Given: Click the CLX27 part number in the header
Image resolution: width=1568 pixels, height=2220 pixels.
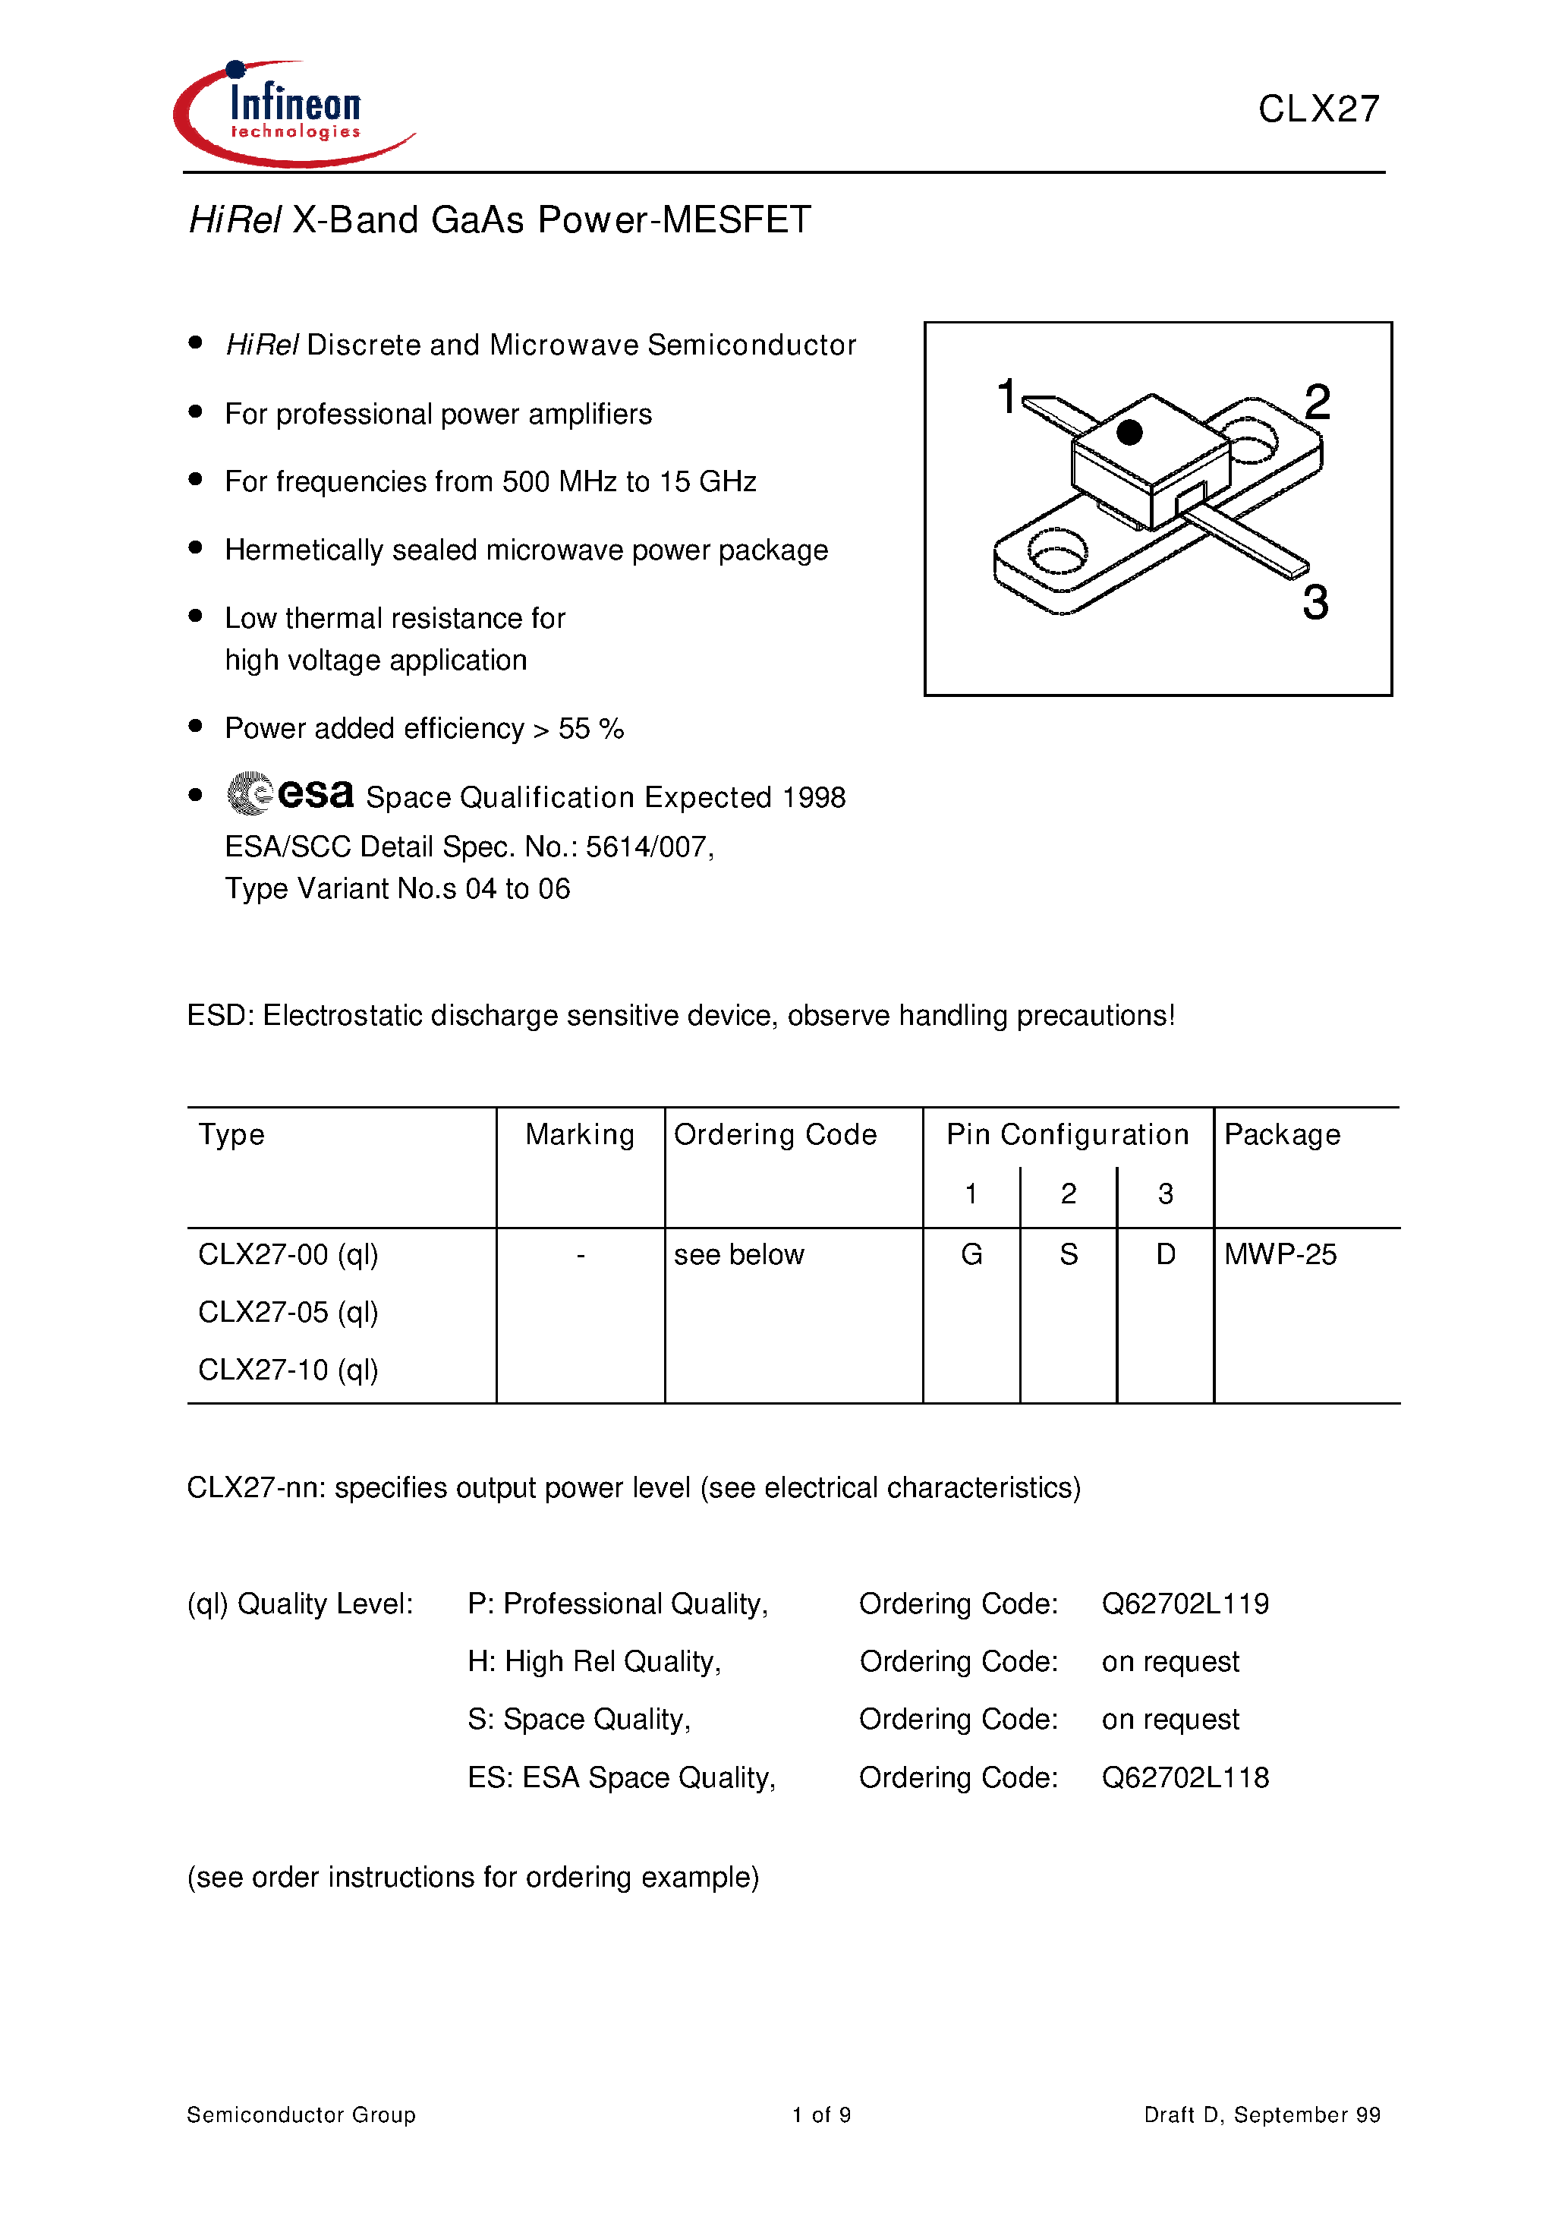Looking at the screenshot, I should [1318, 109].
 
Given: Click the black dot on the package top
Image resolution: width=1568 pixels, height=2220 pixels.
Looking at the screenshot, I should [1129, 432].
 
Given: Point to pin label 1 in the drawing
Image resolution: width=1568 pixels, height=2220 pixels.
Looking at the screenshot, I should [1006, 396].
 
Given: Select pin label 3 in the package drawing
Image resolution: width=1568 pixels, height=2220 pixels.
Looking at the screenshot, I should [1315, 602].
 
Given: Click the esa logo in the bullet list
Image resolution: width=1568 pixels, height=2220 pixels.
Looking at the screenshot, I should [290, 794].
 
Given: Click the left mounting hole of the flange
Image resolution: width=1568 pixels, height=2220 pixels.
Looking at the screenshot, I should [1056, 552].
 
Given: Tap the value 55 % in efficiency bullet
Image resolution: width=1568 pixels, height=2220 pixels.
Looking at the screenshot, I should [590, 729].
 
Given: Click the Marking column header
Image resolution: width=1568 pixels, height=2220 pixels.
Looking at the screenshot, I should [580, 1134].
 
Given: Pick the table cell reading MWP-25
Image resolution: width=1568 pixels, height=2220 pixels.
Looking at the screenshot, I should [1280, 1255].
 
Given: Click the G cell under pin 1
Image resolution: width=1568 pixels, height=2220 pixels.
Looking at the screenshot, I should [971, 1255].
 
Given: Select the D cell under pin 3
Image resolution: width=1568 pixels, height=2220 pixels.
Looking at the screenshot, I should [1166, 1255].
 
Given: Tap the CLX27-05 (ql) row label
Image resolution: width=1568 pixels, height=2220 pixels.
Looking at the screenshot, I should [288, 1312].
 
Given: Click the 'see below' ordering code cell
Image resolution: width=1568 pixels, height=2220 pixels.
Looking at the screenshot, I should [738, 1255].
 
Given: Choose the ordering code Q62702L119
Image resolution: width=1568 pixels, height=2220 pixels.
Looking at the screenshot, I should [1185, 1604].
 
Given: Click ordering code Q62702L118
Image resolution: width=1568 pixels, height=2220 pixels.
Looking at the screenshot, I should [1185, 1777].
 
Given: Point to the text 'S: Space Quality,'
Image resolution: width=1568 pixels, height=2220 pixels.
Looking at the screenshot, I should [579, 1719].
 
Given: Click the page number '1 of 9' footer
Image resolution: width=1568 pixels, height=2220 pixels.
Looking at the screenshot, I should [820, 2114].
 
